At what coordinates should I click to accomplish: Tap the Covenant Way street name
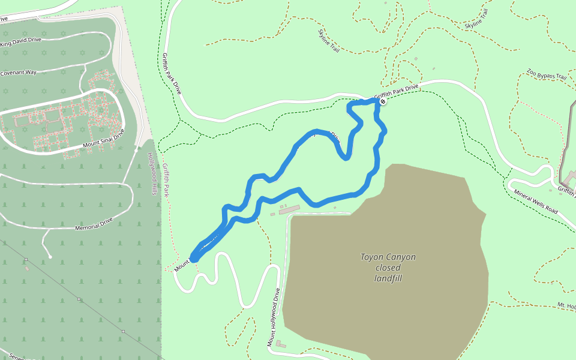pos(19,73)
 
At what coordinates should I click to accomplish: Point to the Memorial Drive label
pos(94,226)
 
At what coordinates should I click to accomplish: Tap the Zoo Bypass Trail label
pos(547,74)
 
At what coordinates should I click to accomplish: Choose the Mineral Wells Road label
pos(536,202)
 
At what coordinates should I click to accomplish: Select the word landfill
pos(388,278)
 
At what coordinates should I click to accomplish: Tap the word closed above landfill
pos(388,268)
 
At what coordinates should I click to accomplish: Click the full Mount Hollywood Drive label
pos(274,317)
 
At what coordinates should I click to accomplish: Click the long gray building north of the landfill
pos(289,209)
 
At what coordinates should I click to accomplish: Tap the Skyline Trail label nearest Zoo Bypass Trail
pos(477,19)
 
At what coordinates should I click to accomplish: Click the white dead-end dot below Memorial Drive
pos(50,257)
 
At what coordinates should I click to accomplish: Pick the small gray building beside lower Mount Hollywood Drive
pos(280,344)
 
